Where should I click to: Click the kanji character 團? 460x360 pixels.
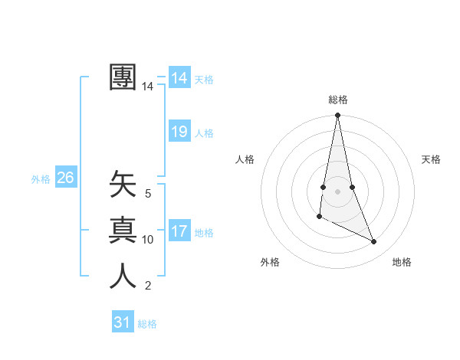pos(123,77)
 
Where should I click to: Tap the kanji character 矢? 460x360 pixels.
pos(123,185)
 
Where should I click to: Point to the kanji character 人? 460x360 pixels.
pos(123,275)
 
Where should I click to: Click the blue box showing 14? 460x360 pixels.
pos(179,77)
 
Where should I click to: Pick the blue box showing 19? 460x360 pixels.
pos(179,131)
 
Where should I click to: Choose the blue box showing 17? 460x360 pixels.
pos(179,231)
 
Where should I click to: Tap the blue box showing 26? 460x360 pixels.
pos(65,178)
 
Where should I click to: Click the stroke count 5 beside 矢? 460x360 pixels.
pos(148,194)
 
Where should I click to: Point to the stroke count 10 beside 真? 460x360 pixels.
pos(148,239)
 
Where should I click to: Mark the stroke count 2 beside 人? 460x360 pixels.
pos(148,286)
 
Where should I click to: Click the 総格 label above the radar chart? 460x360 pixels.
pos(338,100)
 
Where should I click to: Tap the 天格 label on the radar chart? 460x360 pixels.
pos(432,159)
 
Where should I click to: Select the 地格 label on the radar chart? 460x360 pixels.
pos(402,262)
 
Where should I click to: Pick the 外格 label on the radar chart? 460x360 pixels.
pos(270,262)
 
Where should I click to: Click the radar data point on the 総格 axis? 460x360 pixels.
pos(337,116)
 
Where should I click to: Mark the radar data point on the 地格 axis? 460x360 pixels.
pos(374,242)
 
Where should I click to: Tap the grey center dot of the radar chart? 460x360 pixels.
pos(337,191)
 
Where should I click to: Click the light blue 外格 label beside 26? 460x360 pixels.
pos(41,179)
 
